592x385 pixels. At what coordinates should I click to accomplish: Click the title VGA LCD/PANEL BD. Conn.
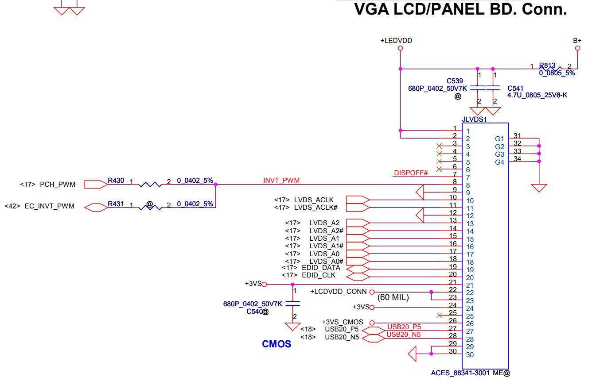[460, 9]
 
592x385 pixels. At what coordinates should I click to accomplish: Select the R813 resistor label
[547, 65]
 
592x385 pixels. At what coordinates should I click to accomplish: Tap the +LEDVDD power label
[396, 40]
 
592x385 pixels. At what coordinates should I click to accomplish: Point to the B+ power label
[577, 40]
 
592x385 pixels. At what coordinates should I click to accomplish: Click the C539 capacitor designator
[455, 81]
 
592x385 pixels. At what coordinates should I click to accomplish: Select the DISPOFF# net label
[411, 173]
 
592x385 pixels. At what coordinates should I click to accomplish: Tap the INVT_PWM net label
[281, 180]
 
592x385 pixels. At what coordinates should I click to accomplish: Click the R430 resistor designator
[116, 181]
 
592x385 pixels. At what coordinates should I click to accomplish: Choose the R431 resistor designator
[116, 204]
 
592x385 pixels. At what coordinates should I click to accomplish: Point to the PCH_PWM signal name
[58, 184]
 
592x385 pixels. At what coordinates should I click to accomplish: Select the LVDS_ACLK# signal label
[316, 207]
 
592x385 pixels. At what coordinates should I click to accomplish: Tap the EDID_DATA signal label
[321, 268]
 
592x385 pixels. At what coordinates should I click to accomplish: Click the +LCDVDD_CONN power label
[339, 292]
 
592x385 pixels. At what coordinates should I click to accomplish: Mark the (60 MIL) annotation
[393, 297]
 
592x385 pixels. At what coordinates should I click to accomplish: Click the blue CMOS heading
[277, 344]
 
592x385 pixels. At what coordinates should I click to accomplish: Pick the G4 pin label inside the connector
[499, 162]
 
